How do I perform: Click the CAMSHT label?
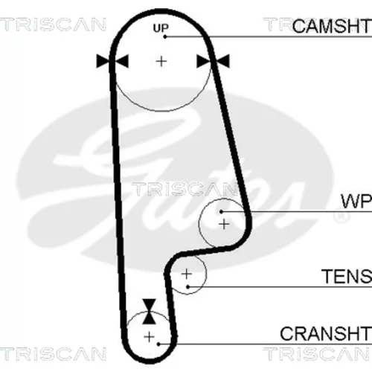pos(332,26)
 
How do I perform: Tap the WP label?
pos(356,201)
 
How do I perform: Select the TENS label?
pos(347,276)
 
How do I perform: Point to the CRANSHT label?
pos(326,333)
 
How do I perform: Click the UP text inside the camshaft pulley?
pos(161,28)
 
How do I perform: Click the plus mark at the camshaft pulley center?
pos(161,61)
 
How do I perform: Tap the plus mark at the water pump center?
pos(224,225)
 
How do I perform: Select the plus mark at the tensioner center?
pos(187,274)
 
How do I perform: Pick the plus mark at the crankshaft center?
pos(149,337)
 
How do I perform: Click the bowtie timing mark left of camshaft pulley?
pos(112,61)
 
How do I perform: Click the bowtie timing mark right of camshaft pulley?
pos(213,61)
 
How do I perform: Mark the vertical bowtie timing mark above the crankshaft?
pos(150,312)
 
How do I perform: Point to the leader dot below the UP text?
pos(165,36)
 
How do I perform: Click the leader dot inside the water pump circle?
pos(222,211)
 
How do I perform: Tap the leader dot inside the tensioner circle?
pos(188,287)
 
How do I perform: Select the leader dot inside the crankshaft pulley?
pos(158,344)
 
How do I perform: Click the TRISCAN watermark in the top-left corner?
pos(53,25)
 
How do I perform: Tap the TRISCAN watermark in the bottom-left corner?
pos(53,354)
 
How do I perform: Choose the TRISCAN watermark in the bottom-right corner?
pos(318,354)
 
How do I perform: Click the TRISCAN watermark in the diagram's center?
pos(185,189)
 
